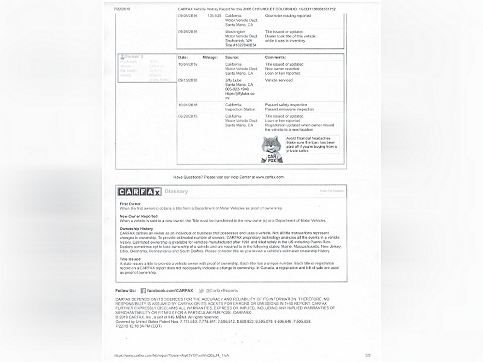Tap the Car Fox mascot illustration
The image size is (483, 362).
(x=271, y=149)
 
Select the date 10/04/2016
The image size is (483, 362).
(x=188, y=64)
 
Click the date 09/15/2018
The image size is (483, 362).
(x=188, y=80)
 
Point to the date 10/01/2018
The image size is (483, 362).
(x=188, y=105)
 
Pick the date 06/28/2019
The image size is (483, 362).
(x=188, y=116)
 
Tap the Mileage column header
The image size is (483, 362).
(x=210, y=57)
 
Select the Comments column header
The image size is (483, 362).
(x=275, y=57)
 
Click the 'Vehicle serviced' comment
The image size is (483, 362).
(x=279, y=80)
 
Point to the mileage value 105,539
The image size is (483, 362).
(x=214, y=16)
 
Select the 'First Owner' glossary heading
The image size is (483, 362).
(x=130, y=204)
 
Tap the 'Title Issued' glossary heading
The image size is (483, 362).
(x=130, y=259)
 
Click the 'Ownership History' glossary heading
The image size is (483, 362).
(x=137, y=228)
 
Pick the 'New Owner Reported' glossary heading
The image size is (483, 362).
(x=139, y=216)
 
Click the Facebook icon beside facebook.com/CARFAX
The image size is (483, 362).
(x=143, y=291)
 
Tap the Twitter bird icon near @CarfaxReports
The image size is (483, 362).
(x=201, y=291)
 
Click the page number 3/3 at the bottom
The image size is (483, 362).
(x=368, y=355)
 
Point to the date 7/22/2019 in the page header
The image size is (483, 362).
(x=123, y=9)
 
